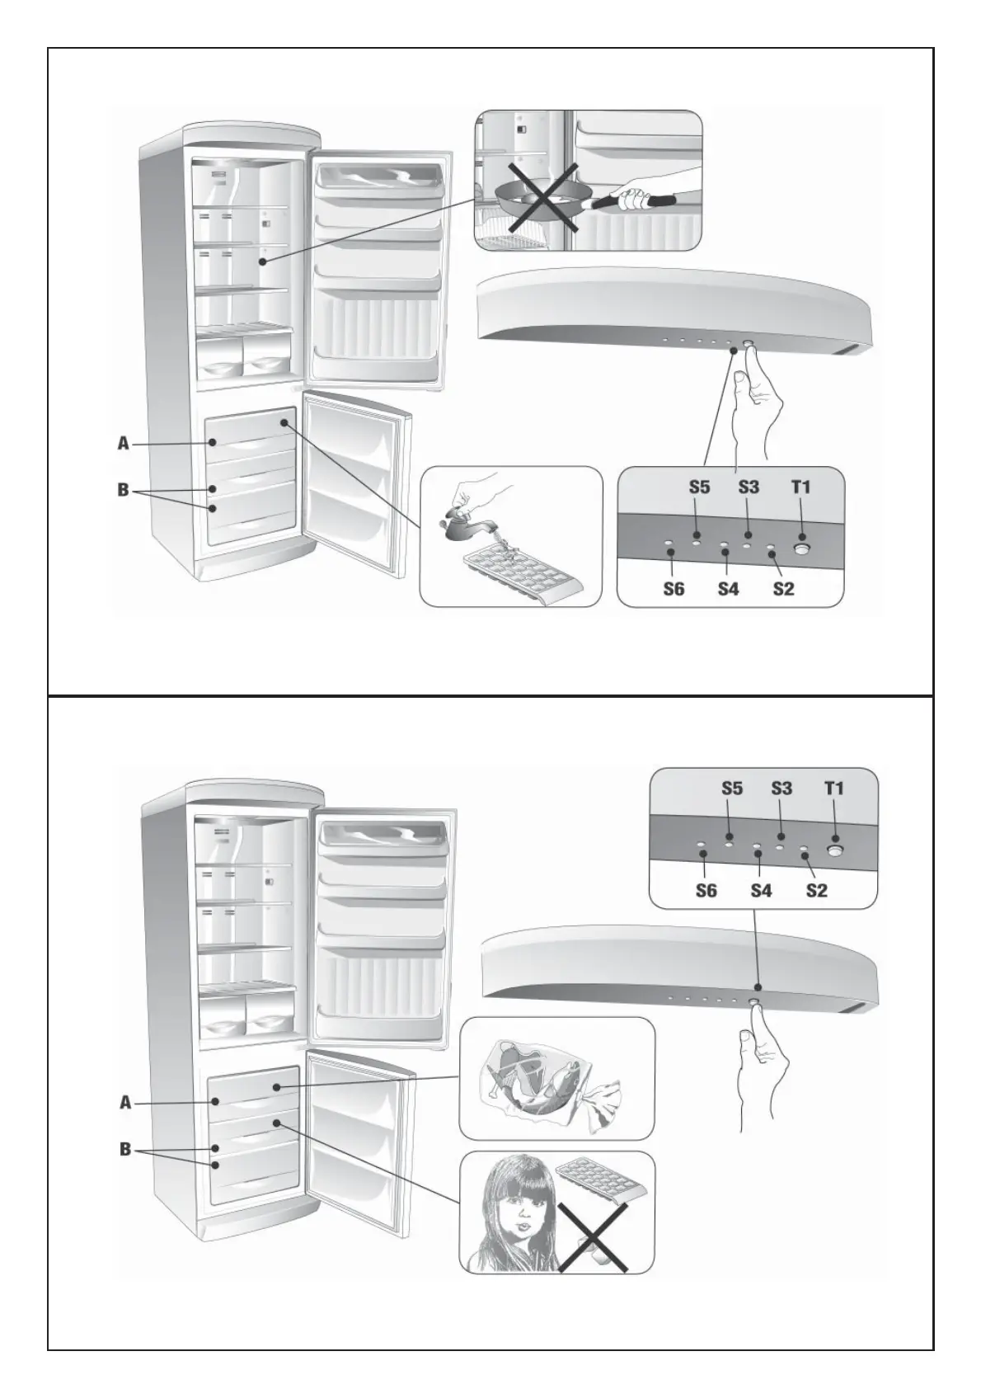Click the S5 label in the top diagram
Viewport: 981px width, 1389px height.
(699, 487)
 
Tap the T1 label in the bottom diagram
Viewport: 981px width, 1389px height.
(834, 789)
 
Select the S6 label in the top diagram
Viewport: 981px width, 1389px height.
(674, 590)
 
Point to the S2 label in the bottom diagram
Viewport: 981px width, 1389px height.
(816, 891)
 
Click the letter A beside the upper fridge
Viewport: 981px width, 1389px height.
(124, 444)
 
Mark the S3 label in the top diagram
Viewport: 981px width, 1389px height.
(749, 487)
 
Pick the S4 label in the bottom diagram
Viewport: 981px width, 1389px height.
(761, 891)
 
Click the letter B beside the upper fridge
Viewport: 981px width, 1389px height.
(124, 490)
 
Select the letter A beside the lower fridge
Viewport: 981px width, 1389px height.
(125, 1102)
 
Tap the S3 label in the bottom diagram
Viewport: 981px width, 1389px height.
(782, 789)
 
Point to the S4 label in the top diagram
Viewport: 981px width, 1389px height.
(728, 590)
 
